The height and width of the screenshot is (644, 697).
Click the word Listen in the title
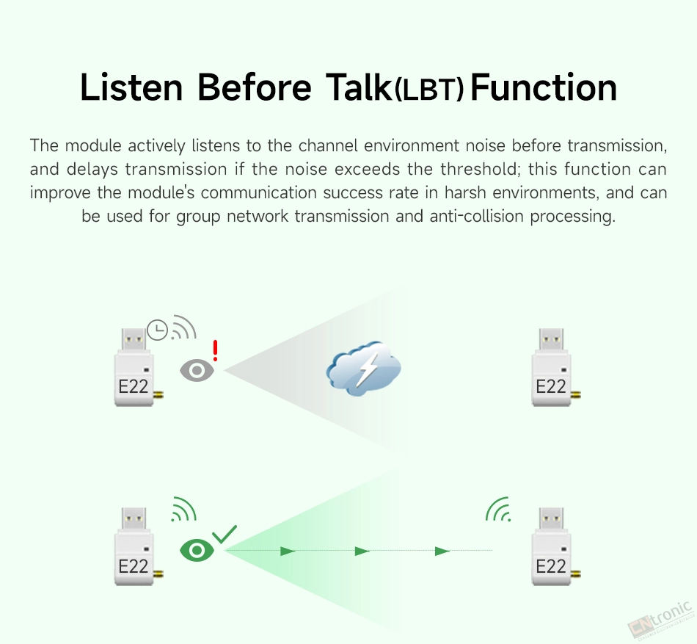click(x=131, y=87)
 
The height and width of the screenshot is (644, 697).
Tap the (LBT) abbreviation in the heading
click(x=429, y=90)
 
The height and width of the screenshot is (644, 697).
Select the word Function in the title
click(x=543, y=87)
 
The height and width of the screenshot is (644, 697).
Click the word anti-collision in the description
click(x=477, y=216)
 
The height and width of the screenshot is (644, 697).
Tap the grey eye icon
click(x=197, y=370)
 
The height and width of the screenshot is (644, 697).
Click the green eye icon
click(x=197, y=551)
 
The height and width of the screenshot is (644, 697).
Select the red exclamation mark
click(x=215, y=350)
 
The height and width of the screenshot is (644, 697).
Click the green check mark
click(x=225, y=534)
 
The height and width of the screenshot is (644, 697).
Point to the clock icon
click(x=157, y=330)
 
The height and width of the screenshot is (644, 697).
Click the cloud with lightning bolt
click(x=364, y=368)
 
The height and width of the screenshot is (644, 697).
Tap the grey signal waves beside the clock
click(x=184, y=327)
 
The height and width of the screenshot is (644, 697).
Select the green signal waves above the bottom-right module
click(x=497, y=509)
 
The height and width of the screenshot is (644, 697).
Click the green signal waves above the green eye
click(x=184, y=509)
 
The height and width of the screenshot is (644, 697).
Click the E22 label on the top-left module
click(x=134, y=386)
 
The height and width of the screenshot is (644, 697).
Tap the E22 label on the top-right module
click(x=551, y=386)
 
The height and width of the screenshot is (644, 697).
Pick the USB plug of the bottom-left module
click(x=134, y=518)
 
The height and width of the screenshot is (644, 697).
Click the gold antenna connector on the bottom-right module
click(x=576, y=574)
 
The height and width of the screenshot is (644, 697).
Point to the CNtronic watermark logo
click(x=661, y=619)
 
